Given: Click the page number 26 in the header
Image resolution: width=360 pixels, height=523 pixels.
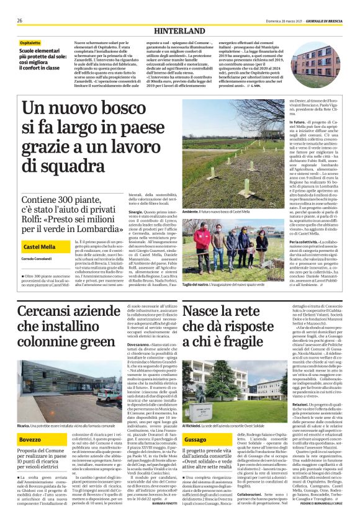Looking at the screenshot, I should [x=20, y=20].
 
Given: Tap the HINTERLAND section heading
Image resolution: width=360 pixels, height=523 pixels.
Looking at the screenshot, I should [x=179, y=30].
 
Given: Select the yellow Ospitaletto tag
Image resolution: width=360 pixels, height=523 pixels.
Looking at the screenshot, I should [x=30, y=43].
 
